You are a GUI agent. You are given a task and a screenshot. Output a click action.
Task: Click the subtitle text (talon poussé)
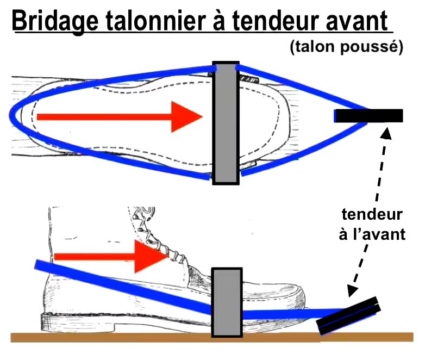click(346, 48)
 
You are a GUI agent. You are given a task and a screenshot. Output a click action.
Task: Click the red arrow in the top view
click(120, 116)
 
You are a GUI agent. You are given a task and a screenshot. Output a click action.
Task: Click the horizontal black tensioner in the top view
click(368, 115)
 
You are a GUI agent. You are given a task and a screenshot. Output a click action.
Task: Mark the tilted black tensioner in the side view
click(348, 315)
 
